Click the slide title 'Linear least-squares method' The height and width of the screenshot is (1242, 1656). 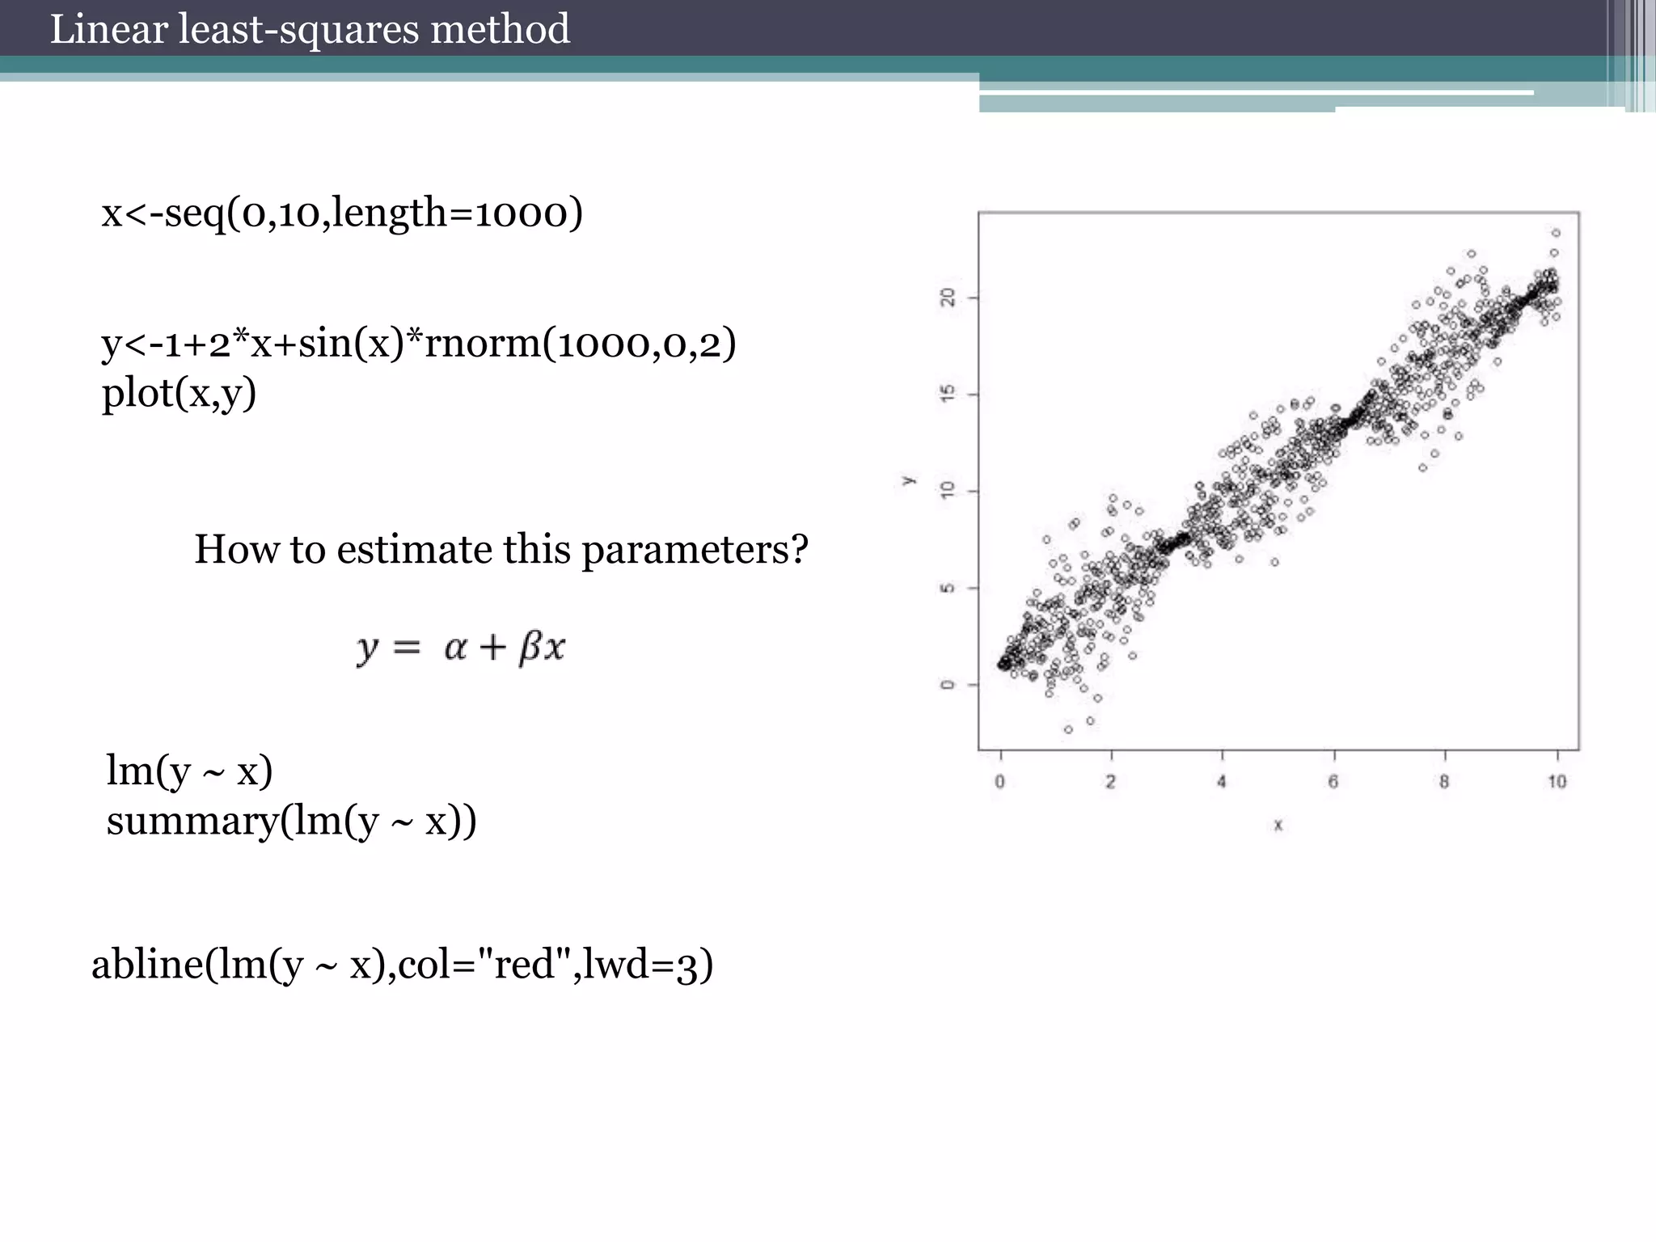[x=310, y=29]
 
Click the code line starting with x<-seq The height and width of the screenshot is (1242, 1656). [x=342, y=213]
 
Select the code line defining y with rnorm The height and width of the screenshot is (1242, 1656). [x=419, y=343]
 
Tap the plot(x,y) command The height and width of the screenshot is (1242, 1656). [x=179, y=394]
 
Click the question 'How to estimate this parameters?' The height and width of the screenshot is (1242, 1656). [x=501, y=550]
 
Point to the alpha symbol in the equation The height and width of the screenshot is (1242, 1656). [x=455, y=648]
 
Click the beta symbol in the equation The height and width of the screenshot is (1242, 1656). [x=530, y=648]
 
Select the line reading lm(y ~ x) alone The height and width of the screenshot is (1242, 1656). [x=189, y=771]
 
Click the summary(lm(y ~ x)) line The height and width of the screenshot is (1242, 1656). [x=291, y=822]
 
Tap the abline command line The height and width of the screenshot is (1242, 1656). [x=402, y=965]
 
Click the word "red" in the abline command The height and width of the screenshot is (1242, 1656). [x=523, y=965]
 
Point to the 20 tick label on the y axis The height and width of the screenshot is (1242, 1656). [x=948, y=298]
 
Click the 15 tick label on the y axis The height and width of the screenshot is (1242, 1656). [x=948, y=394]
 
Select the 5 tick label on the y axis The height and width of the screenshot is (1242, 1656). [x=948, y=588]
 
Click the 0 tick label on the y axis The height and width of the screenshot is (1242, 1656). [x=948, y=685]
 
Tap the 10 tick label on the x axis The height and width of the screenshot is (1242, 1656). [x=1557, y=782]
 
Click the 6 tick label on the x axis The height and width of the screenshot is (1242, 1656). [x=1333, y=782]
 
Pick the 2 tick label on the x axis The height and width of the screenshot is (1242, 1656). [x=1111, y=782]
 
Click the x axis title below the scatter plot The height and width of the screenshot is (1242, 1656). [x=1278, y=826]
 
